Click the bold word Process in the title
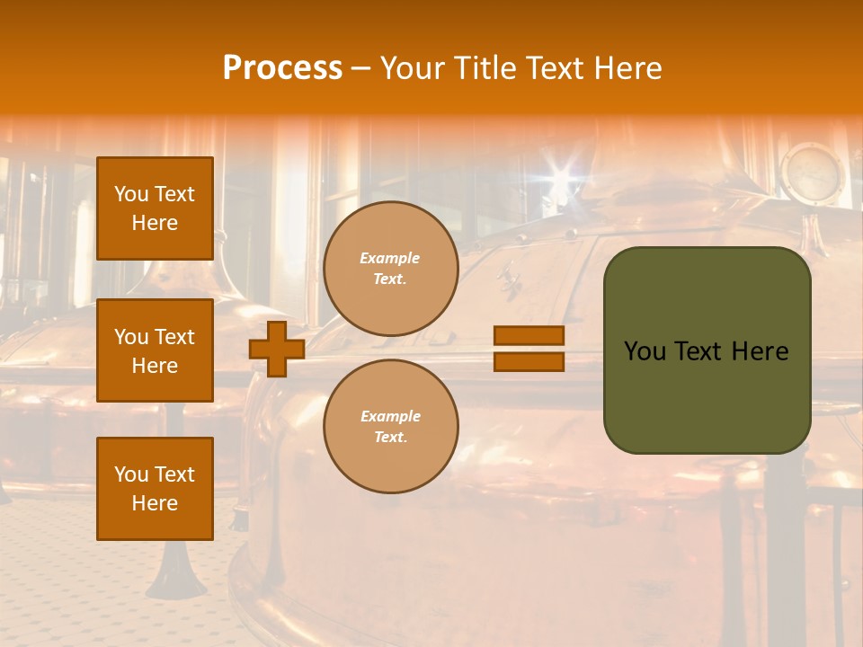click(282, 68)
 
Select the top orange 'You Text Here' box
click(155, 208)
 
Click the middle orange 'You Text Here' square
click(155, 350)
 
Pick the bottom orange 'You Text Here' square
click(155, 488)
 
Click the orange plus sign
click(277, 349)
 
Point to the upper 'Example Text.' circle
click(390, 269)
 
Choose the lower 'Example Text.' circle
click(390, 426)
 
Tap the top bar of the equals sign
click(529, 335)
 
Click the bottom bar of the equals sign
click(529, 361)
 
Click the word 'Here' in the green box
click(760, 351)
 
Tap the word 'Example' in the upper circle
click(389, 258)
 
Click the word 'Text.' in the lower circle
click(390, 437)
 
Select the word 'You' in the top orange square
click(131, 194)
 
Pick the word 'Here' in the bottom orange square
click(155, 503)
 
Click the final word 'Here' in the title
click(628, 68)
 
